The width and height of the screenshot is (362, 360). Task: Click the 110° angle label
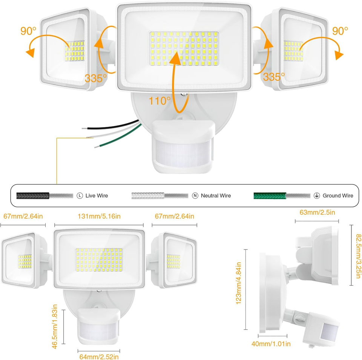160,101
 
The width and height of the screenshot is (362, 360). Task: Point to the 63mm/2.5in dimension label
317,212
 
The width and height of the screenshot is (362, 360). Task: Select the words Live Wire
97,195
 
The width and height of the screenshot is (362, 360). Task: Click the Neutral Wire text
216,195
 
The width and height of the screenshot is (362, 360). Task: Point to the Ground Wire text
338,195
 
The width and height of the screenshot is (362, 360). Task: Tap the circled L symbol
80,195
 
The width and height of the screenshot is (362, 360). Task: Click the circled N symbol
195,195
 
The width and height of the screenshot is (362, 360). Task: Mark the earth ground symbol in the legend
317,195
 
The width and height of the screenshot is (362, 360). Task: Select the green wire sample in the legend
270,195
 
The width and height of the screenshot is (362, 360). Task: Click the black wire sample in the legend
32,195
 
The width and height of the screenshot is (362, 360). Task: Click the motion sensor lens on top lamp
183,152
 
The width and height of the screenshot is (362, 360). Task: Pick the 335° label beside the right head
274,77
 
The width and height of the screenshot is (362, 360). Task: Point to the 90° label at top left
29,31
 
